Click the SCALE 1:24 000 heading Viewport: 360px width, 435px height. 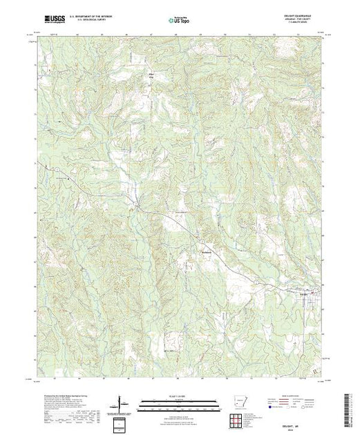(x=178, y=394)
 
